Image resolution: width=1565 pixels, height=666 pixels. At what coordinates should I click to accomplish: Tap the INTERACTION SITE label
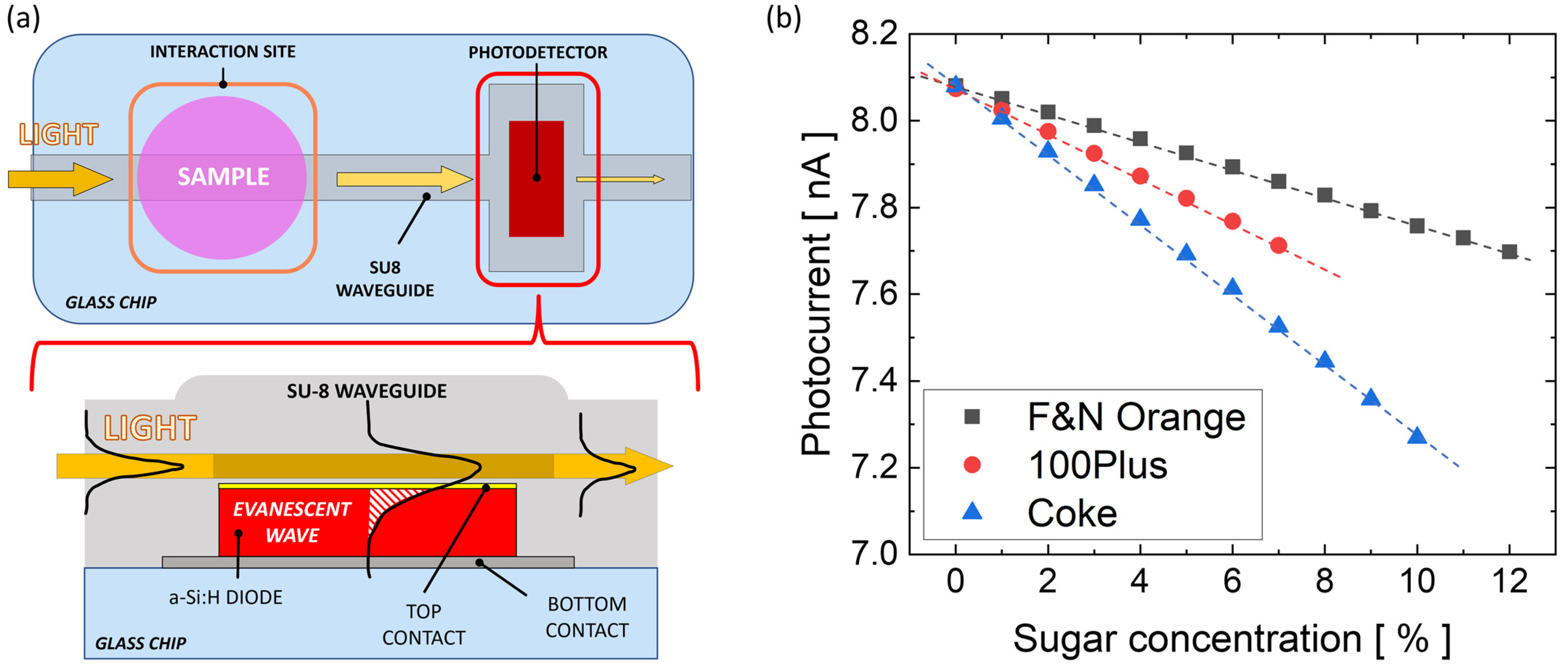tap(223, 52)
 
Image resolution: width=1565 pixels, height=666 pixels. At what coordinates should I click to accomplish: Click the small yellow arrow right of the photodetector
tap(620, 179)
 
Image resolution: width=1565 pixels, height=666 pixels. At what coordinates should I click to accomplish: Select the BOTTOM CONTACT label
tap(587, 617)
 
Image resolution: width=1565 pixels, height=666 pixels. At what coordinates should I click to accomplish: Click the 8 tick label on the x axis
tap(1324, 581)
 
